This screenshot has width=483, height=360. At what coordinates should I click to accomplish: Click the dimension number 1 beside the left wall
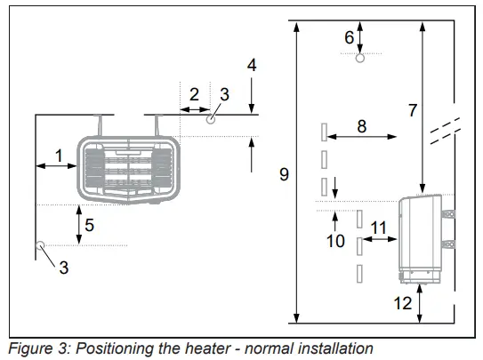[58, 155]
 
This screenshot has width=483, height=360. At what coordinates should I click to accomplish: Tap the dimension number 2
[194, 93]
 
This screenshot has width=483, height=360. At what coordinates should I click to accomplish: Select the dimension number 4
[252, 65]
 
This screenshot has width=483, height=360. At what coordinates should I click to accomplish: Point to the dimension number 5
[89, 225]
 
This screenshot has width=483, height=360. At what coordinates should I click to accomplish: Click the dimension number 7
[412, 110]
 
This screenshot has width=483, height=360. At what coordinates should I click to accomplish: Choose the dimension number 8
[361, 126]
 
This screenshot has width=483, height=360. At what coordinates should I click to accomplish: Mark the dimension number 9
[284, 174]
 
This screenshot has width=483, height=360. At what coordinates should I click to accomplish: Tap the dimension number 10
[335, 241]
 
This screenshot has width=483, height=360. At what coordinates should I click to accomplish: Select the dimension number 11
[379, 228]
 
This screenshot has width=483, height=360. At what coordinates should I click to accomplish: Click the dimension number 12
[403, 303]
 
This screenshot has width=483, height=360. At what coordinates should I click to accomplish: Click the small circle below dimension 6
[360, 60]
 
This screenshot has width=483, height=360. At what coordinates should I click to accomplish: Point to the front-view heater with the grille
[128, 166]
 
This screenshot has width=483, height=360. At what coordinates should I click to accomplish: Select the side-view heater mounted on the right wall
[425, 238]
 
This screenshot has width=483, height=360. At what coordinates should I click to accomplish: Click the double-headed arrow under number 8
[361, 136]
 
